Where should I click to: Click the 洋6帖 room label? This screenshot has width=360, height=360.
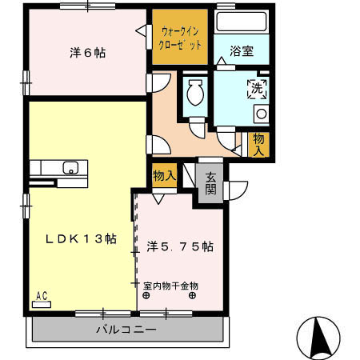(87, 54)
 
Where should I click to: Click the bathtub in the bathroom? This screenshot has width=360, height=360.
(241, 22)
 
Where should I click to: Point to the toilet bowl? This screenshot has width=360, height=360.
(194, 95)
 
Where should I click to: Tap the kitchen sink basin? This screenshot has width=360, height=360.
(70, 168)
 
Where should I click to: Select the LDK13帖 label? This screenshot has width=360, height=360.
(80, 239)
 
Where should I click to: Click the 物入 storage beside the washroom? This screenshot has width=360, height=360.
(258, 144)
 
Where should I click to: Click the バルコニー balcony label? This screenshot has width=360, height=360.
(127, 329)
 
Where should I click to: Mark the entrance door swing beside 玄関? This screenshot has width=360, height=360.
(234, 189)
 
